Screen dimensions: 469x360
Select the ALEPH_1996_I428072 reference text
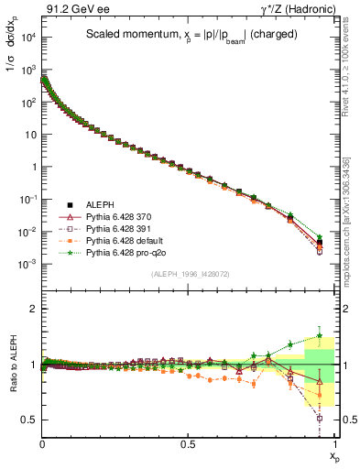(190, 273)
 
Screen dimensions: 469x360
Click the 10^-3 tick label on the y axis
(28, 263)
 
